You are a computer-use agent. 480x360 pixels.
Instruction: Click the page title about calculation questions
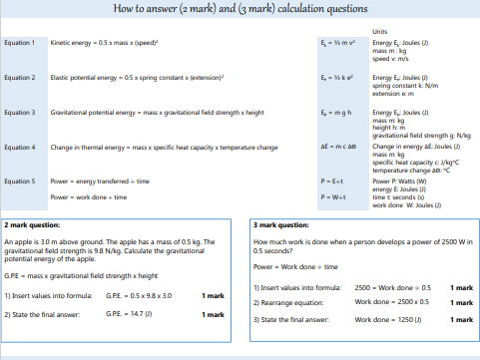coord(240,10)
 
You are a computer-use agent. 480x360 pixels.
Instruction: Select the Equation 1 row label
coord(20,44)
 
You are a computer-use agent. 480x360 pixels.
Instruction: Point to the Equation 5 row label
coord(20,180)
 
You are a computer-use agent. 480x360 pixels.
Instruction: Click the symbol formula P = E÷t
coord(333,181)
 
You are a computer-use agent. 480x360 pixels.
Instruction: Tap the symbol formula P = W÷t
coord(333,197)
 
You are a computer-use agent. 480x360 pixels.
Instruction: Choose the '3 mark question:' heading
coord(281,225)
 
